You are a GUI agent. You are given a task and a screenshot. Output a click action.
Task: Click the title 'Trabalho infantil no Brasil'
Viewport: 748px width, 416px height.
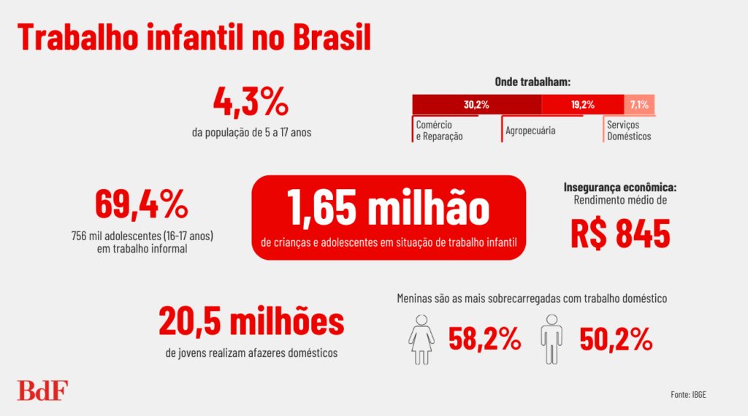[194, 38]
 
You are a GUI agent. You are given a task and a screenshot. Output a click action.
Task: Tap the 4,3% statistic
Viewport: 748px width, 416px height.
[251, 102]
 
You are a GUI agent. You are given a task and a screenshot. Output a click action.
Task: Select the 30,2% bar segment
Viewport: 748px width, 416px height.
[476, 104]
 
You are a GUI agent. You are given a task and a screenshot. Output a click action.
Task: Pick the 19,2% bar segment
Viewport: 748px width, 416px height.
[582, 104]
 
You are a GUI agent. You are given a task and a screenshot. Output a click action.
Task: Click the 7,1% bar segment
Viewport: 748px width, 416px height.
[639, 104]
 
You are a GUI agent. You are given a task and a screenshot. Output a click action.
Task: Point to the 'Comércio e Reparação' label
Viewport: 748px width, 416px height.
[440, 131]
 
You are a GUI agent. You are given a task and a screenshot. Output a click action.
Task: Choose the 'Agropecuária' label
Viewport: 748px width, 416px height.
[530, 131]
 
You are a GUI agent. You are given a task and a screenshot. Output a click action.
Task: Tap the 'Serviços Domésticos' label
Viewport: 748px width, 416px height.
[628, 131]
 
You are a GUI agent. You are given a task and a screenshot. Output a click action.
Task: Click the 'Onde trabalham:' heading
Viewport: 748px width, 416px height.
[533, 82]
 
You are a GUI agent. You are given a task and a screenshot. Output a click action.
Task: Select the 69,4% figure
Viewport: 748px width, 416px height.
[142, 205]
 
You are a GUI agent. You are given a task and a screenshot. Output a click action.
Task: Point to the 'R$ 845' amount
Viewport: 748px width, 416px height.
[620, 233]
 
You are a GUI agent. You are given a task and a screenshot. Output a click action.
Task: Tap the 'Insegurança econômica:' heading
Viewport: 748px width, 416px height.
[620, 186]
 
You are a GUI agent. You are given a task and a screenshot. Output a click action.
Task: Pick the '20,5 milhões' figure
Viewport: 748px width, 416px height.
[251, 322]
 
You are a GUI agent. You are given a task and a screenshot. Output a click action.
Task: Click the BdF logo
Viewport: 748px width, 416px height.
[42, 390]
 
